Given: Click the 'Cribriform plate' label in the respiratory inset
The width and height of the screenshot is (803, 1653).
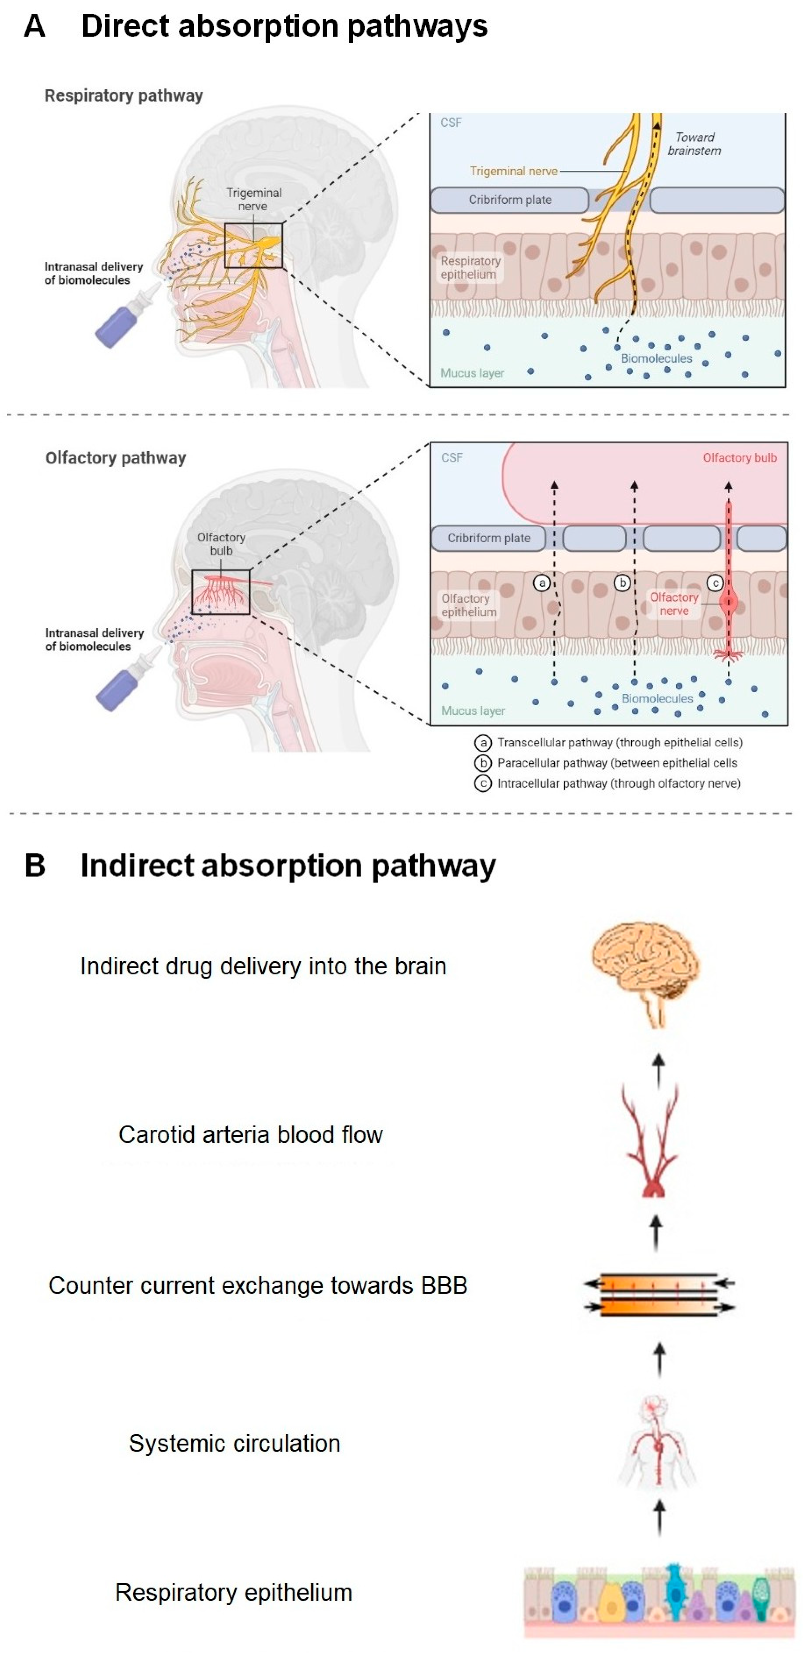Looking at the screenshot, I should coord(510,200).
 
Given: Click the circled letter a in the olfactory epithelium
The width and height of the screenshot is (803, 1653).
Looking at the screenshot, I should coord(542,583).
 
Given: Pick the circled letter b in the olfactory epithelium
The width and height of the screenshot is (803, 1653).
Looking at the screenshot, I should coord(621,583).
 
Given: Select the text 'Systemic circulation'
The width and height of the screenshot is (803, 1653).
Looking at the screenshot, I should coord(234,1443).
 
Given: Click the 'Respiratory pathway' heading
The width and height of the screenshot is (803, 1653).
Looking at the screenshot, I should coord(123,96).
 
